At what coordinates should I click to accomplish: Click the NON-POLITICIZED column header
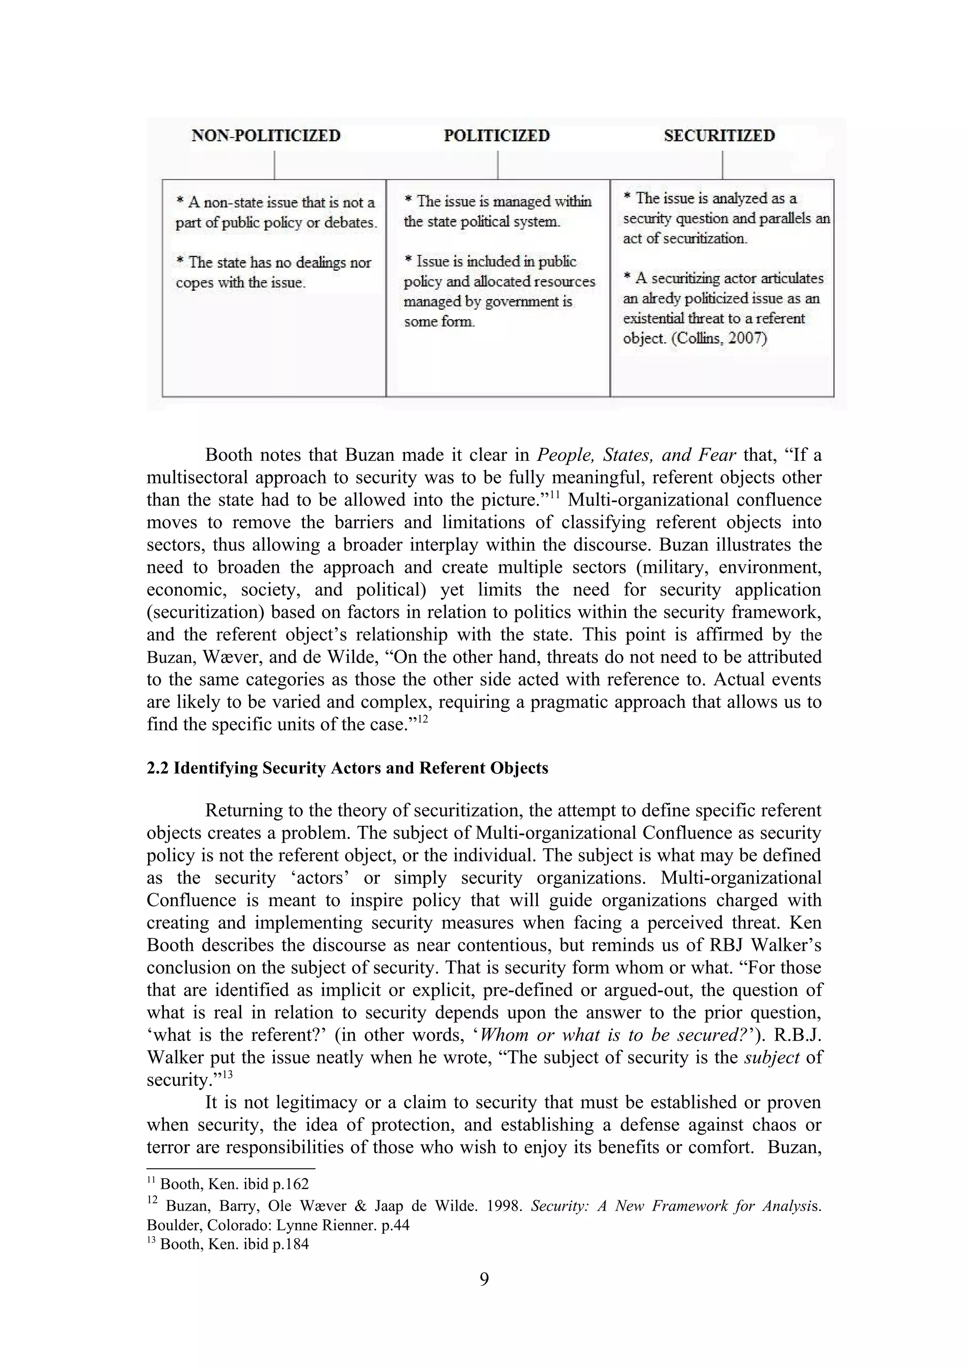[x=266, y=136]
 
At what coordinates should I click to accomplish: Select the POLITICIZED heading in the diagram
[x=496, y=136]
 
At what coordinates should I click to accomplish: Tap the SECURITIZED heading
[x=719, y=136]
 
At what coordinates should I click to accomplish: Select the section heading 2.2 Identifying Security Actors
[x=347, y=768]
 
